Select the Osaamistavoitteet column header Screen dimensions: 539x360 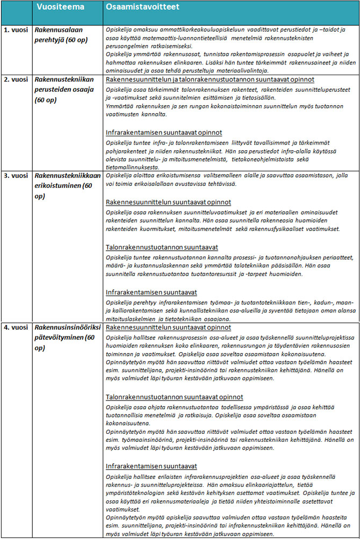tap(142, 8)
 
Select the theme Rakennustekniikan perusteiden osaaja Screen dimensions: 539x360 tap(64, 89)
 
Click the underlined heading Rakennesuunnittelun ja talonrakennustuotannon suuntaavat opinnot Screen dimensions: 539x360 tap(210, 79)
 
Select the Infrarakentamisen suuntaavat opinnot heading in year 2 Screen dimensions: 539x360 tap(163, 132)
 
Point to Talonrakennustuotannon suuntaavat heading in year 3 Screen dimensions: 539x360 tap(161, 247)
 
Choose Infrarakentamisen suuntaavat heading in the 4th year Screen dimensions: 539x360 tap(152, 466)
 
